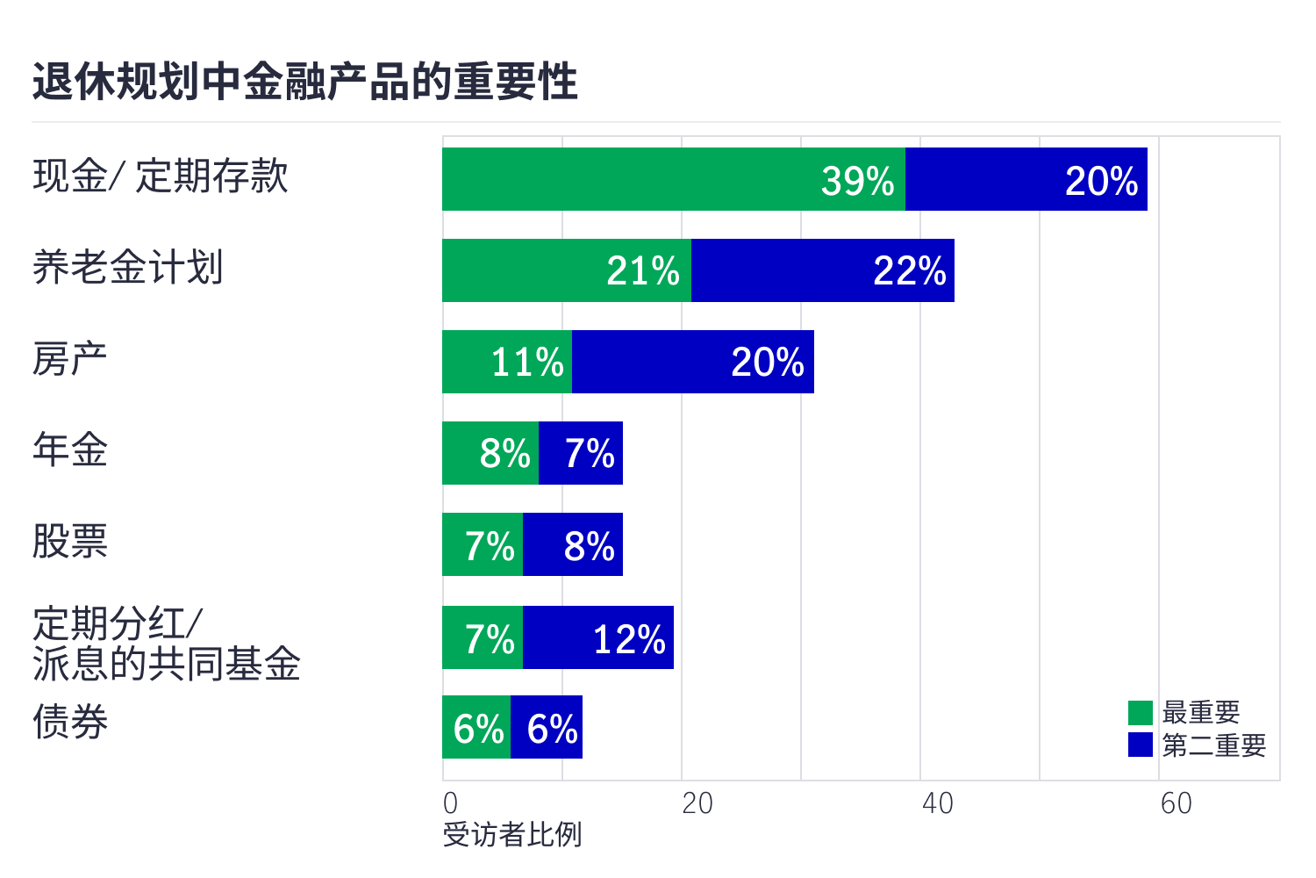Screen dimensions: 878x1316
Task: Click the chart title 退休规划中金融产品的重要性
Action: pyautogui.click(x=305, y=83)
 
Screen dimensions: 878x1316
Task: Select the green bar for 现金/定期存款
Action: pyautogui.click(x=673, y=179)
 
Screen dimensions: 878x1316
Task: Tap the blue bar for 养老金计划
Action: pyautogui.click(x=822, y=270)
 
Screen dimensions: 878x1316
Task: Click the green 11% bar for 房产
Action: pyautogui.click(x=507, y=362)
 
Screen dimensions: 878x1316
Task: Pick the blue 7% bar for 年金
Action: pyautogui.click(x=581, y=453)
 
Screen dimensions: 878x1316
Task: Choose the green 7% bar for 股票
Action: pyautogui.click(x=483, y=544)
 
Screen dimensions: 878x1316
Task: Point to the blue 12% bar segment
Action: pyautogui.click(x=598, y=637)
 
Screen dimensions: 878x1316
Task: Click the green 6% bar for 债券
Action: pyautogui.click(x=476, y=727)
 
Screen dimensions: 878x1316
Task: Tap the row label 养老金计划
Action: pyautogui.click(x=128, y=268)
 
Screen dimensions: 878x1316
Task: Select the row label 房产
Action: pyautogui.click(x=70, y=359)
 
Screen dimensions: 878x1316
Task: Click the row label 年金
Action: pyautogui.click(x=70, y=450)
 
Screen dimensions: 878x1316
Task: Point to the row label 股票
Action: pyautogui.click(x=70, y=542)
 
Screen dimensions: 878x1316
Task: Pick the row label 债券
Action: pyautogui.click(x=70, y=723)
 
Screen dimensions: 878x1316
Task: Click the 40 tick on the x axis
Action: pyautogui.click(x=937, y=803)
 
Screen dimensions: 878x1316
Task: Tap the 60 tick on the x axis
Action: pyautogui.click(x=1176, y=803)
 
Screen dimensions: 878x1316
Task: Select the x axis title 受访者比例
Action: pyautogui.click(x=512, y=835)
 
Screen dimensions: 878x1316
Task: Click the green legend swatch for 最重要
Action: pyautogui.click(x=1140, y=712)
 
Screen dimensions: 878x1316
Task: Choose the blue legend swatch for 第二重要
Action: pyautogui.click(x=1140, y=745)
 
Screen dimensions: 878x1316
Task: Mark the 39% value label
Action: pyautogui.click(x=857, y=181)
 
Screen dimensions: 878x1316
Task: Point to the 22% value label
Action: pyautogui.click(x=910, y=271)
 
